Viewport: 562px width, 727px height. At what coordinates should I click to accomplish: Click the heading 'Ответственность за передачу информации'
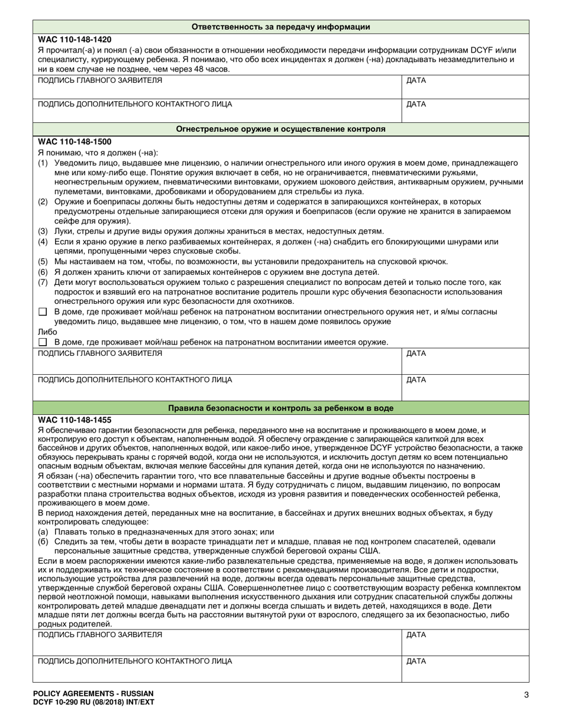click(281, 27)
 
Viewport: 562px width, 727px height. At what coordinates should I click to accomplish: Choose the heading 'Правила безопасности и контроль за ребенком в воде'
click(281, 408)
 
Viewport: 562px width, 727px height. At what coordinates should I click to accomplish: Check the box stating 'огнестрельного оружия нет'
click(42, 311)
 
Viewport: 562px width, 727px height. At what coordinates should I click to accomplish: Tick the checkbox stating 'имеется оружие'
click(42, 342)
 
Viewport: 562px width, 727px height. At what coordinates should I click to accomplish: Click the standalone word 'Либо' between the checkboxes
click(47, 332)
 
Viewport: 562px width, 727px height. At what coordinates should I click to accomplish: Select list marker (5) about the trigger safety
click(43, 261)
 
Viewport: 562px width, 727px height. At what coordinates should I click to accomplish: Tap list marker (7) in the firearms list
click(43, 282)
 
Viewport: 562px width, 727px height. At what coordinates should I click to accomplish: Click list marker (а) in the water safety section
click(43, 532)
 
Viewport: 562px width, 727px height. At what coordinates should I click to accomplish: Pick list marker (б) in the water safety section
click(43, 541)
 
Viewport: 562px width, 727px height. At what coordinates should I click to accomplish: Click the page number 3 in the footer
click(526, 695)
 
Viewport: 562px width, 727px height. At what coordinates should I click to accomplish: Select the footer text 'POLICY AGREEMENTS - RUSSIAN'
click(93, 693)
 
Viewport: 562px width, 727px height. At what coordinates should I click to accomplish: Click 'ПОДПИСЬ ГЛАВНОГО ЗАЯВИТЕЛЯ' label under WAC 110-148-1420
click(99, 80)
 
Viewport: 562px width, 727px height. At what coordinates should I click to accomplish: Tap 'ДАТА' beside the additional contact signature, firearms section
click(416, 379)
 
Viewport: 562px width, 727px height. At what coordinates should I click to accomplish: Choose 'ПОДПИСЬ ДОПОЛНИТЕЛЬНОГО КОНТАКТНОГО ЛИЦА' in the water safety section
click(135, 661)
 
